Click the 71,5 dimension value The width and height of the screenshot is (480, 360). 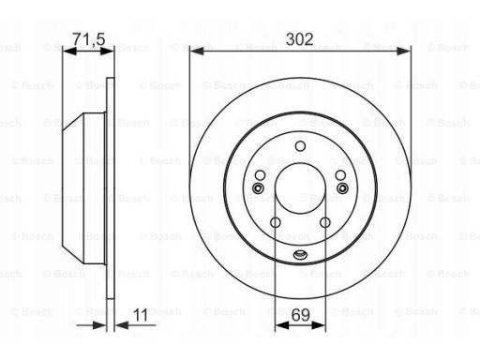[89, 39]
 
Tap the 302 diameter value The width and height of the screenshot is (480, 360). [299, 39]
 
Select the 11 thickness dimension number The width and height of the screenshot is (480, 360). [141, 315]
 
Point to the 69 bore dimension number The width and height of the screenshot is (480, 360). [300, 315]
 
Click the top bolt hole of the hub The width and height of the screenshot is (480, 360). [300, 146]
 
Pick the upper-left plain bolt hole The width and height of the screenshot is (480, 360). [260, 175]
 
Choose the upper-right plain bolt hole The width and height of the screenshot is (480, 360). [340, 175]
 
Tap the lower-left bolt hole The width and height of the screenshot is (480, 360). [276, 222]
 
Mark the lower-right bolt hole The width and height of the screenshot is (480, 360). [325, 222]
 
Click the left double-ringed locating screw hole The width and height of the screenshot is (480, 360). [258, 188]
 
